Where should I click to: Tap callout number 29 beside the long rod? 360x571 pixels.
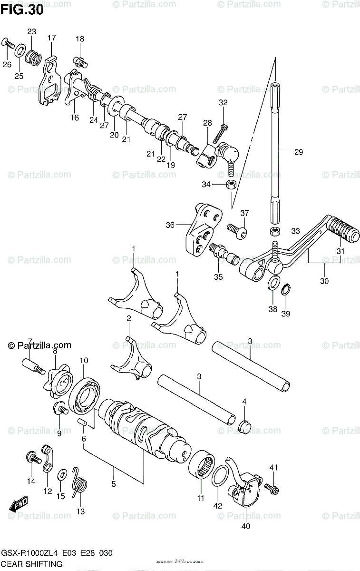(x=298, y=152)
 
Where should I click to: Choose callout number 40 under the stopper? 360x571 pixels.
(x=246, y=526)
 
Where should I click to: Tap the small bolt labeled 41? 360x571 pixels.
(x=272, y=487)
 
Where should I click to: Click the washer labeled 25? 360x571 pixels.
(x=20, y=51)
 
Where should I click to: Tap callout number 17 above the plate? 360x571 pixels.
(x=52, y=38)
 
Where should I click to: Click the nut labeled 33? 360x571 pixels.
(x=274, y=231)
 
